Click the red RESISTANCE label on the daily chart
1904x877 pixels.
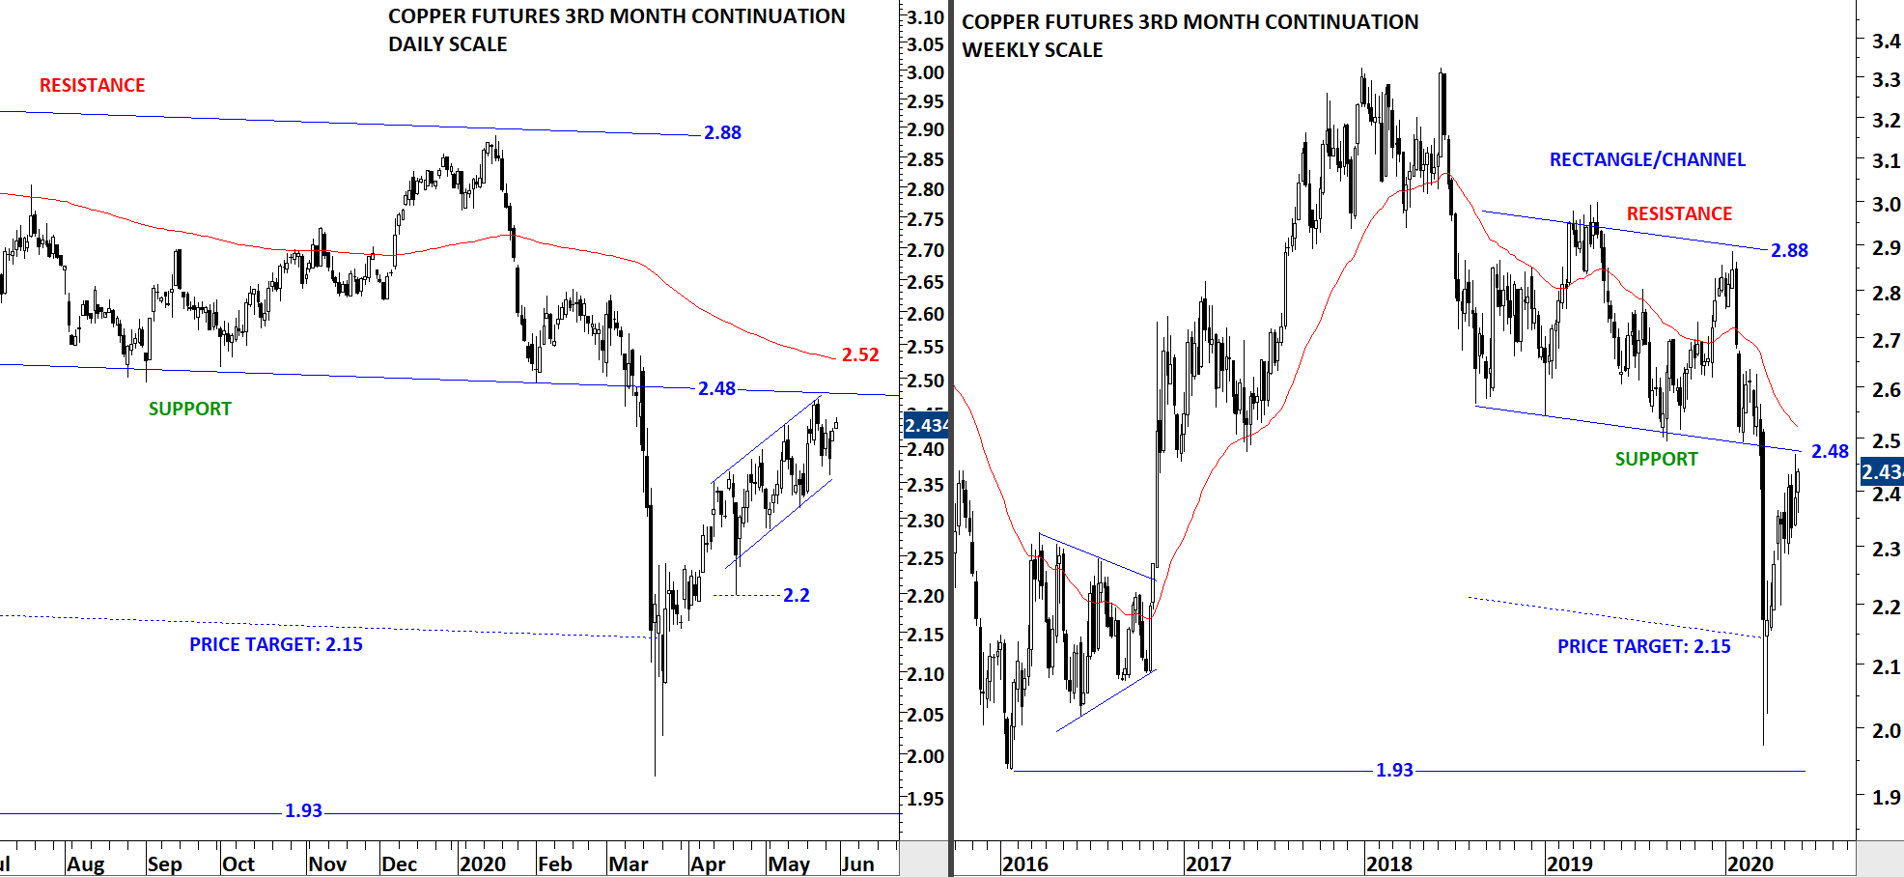click(x=92, y=85)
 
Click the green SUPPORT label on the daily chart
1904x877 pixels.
click(x=189, y=409)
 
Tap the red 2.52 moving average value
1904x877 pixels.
click(x=860, y=354)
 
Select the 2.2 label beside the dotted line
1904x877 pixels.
click(x=796, y=595)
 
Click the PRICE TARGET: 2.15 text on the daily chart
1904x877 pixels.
click(x=275, y=644)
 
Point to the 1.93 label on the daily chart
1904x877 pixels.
click(x=303, y=810)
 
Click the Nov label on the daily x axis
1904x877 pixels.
click(x=327, y=863)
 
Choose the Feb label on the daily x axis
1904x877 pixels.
click(x=555, y=863)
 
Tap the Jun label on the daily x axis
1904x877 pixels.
click(x=857, y=863)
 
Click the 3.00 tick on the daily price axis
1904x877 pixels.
click(x=925, y=72)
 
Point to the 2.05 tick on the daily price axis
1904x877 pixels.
click(x=925, y=715)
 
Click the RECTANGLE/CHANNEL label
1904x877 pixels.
click(x=1647, y=159)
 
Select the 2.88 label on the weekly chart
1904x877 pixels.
click(x=1789, y=250)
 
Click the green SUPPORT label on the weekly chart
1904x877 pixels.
click(x=1656, y=459)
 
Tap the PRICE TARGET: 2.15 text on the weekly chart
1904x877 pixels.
click(x=1643, y=646)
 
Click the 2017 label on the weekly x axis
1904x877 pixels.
click(x=1208, y=863)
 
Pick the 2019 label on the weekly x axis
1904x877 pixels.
click(x=1569, y=863)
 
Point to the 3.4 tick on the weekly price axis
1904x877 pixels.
click(x=1886, y=41)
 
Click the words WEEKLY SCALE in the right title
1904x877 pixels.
click(x=1032, y=50)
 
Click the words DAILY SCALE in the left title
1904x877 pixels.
click(x=447, y=44)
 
